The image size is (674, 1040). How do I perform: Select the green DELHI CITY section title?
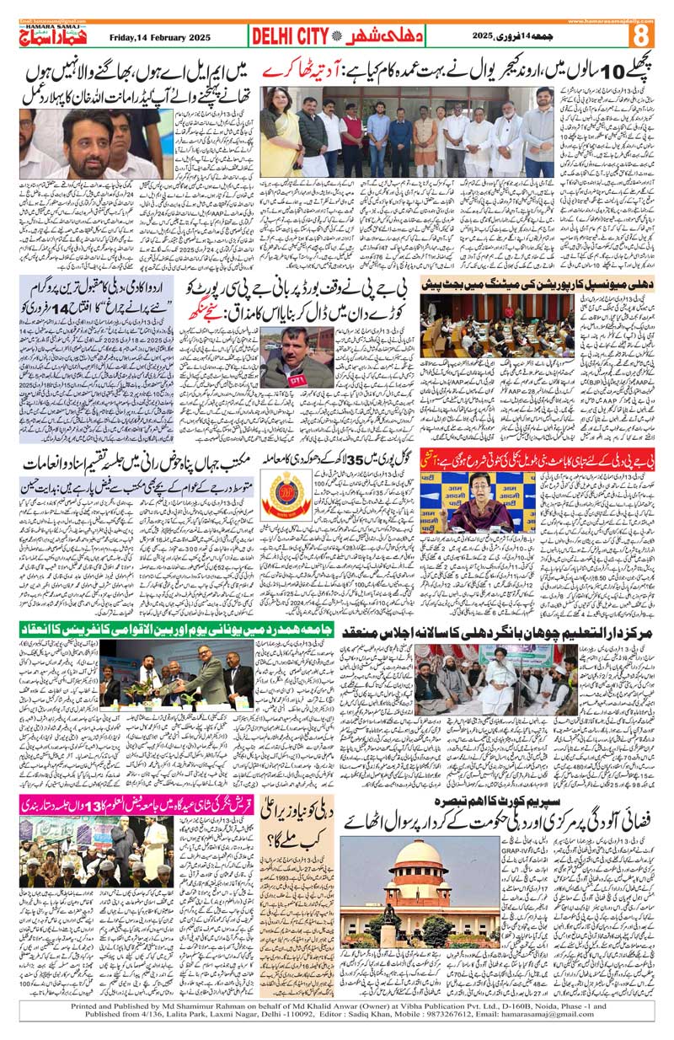pos(288,37)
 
